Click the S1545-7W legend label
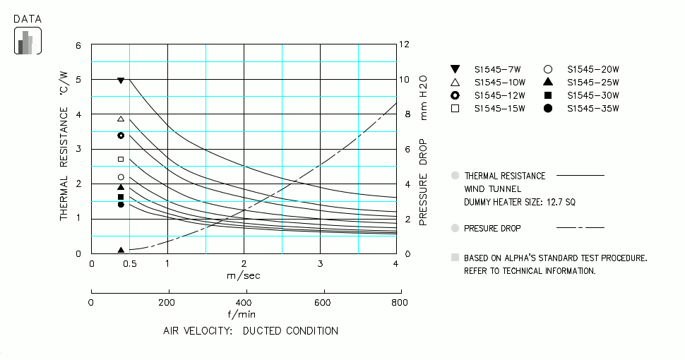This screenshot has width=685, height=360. coord(497,69)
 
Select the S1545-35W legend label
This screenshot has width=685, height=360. coord(592,109)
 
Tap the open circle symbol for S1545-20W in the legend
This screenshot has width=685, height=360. coord(547,69)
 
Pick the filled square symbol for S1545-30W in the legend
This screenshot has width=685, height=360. coord(547,95)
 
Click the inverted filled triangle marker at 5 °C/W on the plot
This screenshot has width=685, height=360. coord(121,81)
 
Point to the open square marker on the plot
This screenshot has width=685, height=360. coord(121,160)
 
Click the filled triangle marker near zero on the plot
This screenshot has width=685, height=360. coord(121,250)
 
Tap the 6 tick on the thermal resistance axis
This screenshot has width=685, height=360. coord(78,46)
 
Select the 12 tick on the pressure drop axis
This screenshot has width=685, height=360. coord(404,44)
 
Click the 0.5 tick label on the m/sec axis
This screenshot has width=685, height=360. coord(130,264)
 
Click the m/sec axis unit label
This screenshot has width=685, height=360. coord(244,275)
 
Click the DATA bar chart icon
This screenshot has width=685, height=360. coord(28,41)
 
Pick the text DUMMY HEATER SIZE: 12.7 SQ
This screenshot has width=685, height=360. coord(520,202)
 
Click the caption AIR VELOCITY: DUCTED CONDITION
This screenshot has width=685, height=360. coord(251,330)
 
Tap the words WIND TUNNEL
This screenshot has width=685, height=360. coord(492,189)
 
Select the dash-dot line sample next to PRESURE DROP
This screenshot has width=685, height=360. coord(580,228)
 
